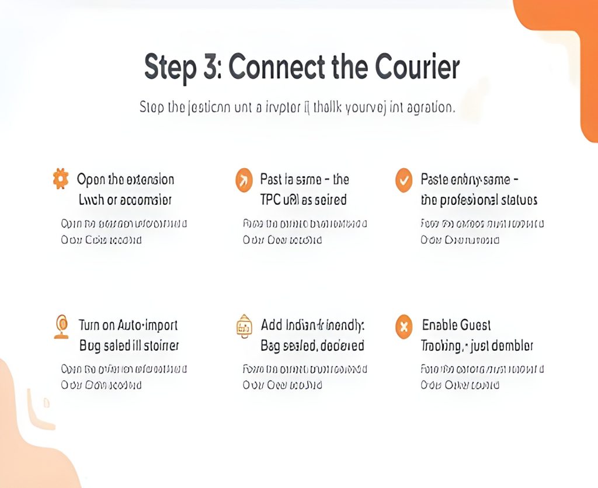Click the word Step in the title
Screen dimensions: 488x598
coord(170,68)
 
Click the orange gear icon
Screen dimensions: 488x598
coord(60,179)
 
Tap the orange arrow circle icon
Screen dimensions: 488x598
coord(244,180)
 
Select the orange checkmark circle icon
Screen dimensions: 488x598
coord(404,180)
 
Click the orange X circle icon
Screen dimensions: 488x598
coord(404,326)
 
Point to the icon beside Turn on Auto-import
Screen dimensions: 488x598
coord(60,326)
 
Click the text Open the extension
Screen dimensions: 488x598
coord(126,179)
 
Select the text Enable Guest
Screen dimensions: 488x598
coord(456,325)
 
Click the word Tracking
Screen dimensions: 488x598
coord(441,346)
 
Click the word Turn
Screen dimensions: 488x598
coord(90,325)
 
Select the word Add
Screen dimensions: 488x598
coord(272,325)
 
